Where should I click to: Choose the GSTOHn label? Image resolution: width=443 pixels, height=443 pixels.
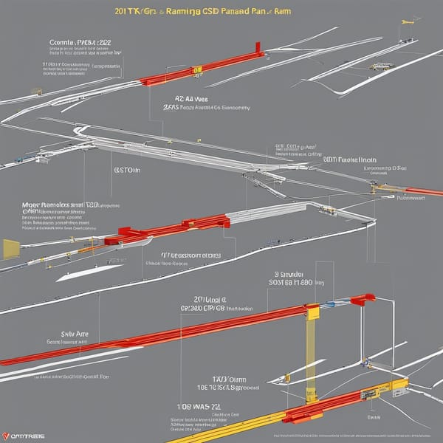[x=128, y=169]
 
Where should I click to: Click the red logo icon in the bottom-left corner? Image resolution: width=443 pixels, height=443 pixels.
[x=7, y=435]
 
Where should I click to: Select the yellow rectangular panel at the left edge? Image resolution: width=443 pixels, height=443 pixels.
[x=10, y=249]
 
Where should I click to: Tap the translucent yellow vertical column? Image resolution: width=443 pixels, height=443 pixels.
[x=311, y=354]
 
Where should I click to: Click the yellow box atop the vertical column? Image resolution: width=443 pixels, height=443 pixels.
[x=312, y=312]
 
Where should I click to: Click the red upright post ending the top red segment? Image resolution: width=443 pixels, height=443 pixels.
[x=258, y=48]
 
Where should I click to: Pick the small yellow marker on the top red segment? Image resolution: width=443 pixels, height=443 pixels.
[x=197, y=71]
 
